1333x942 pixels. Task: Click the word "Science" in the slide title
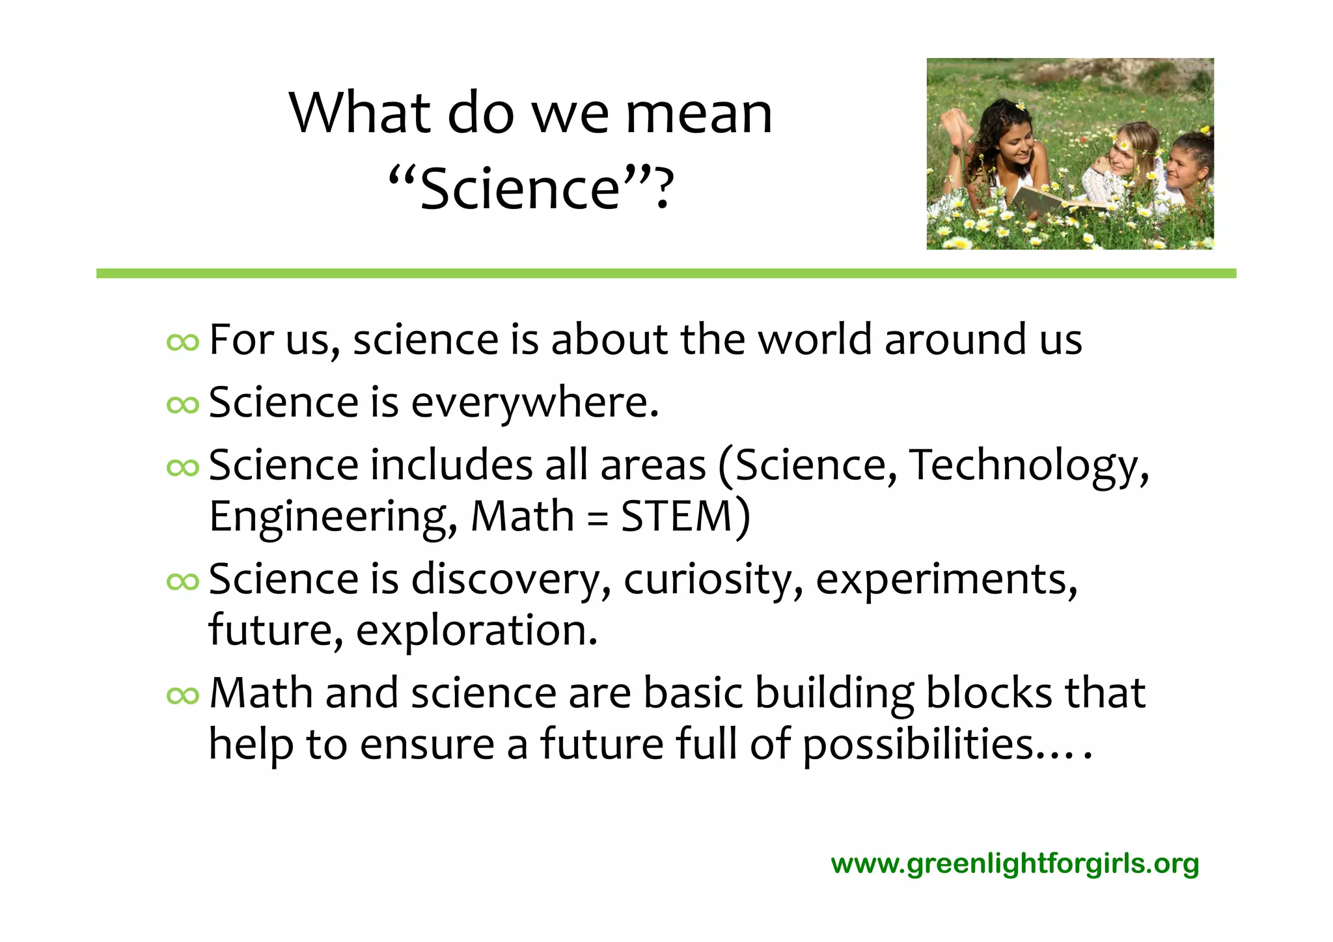click(520, 189)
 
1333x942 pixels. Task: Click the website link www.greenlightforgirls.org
click(1015, 864)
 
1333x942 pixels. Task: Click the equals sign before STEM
click(597, 518)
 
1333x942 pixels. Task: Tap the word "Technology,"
click(1029, 466)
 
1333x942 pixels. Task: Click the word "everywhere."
click(535, 403)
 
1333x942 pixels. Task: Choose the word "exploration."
click(476, 630)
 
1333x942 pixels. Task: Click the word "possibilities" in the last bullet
click(918, 745)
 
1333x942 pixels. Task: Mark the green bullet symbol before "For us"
click(182, 342)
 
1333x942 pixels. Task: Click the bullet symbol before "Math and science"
click(182, 696)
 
